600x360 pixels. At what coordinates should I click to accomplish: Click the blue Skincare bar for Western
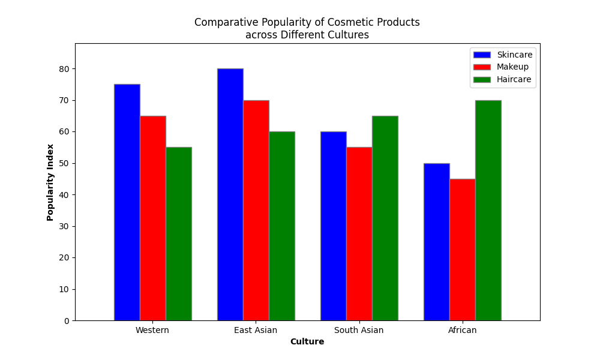point(127,202)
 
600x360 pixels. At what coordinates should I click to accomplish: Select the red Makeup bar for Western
point(152,218)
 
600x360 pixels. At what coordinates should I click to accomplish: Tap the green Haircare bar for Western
point(179,234)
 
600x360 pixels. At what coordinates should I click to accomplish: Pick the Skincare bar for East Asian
point(230,194)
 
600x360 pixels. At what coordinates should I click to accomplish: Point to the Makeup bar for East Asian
point(256,210)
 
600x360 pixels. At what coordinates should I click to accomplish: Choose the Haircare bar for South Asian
point(385,218)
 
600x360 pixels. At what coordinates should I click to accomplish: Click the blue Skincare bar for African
point(436,242)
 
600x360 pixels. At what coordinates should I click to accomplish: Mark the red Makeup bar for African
point(462,250)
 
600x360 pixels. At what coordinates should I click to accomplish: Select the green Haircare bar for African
point(488,210)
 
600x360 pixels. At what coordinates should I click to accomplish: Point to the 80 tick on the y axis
point(65,69)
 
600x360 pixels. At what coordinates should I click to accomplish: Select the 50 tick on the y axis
point(65,163)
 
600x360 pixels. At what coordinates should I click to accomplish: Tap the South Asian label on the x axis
point(359,330)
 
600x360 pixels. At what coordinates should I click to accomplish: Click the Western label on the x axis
point(152,330)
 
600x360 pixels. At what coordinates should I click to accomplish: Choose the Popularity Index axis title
point(50,182)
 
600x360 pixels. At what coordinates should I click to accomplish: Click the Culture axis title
point(307,342)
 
